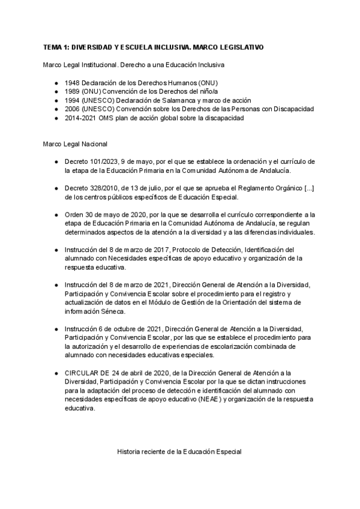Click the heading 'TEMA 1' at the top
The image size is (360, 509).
tap(58, 47)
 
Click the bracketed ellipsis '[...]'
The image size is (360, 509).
tap(307, 188)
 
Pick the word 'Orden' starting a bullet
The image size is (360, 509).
tap(74, 215)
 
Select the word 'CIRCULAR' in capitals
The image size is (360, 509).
tap(83, 373)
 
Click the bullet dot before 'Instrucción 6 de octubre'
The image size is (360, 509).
tap(56, 329)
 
